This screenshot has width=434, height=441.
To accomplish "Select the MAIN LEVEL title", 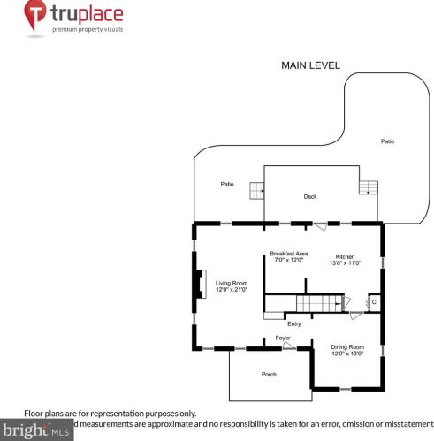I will [310, 65].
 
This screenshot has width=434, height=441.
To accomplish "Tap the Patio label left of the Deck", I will [227, 184].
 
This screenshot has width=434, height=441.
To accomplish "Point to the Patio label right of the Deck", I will [387, 141].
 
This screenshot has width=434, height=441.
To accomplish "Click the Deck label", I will [309, 196].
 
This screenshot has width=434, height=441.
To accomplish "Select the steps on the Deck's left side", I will [256, 190].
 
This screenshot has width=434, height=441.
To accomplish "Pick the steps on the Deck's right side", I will [368, 186].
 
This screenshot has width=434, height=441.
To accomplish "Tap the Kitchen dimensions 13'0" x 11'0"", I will [345, 262].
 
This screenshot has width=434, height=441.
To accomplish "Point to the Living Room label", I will [232, 283].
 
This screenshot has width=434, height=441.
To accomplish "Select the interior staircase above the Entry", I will [317, 303].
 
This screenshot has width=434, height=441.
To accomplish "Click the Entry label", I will [293, 323].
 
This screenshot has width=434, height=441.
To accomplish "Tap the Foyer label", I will [282, 338].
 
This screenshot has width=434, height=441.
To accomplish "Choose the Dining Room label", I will [346, 347].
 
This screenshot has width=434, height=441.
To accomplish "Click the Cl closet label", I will [374, 302].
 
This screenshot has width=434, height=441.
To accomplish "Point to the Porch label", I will [269, 375].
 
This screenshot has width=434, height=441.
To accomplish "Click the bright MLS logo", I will [35, 431].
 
